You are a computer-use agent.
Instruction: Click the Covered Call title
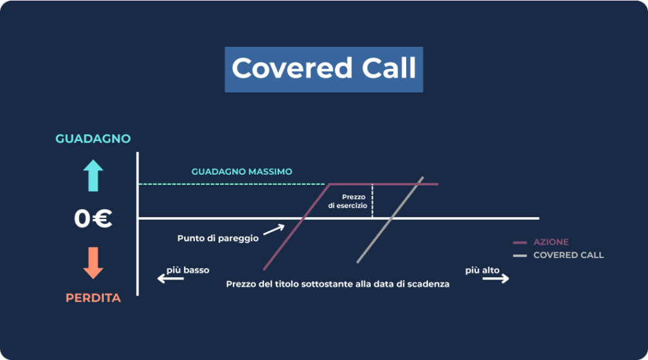[x=323, y=68]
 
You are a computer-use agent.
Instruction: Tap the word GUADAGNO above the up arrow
[x=92, y=139]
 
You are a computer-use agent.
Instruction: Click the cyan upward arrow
[x=93, y=175]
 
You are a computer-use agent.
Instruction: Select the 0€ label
[x=93, y=219]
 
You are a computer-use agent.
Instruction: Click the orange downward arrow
[x=93, y=263]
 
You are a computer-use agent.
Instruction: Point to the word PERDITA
[x=93, y=298]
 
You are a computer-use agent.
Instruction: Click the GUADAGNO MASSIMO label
[x=242, y=171]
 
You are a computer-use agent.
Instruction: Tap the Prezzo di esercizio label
[x=349, y=201]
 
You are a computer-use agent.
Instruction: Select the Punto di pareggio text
[x=218, y=239]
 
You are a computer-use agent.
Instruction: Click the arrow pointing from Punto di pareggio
[x=273, y=229]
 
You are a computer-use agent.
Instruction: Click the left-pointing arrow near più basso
[x=170, y=278]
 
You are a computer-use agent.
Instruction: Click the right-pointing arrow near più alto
[x=495, y=278]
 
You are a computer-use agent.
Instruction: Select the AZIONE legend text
[x=551, y=242]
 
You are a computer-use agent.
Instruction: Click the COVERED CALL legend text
[x=568, y=255]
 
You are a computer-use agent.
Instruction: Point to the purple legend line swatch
[x=520, y=242]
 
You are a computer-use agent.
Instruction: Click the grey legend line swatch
[x=520, y=256]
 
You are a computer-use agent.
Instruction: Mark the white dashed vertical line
[x=372, y=201]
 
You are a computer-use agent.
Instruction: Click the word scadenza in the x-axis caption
[x=428, y=284]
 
